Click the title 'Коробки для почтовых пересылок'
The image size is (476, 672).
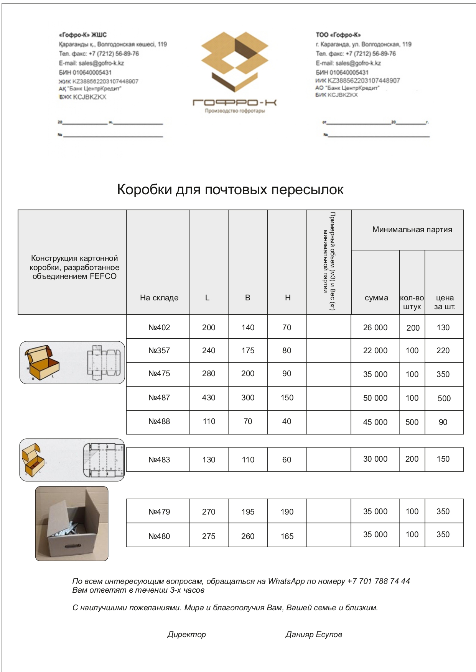pyautogui.click(x=230, y=190)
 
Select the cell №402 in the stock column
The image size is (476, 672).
pyautogui.click(x=159, y=328)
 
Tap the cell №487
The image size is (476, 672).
pyautogui.click(x=159, y=398)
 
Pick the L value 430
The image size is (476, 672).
pyautogui.click(x=209, y=398)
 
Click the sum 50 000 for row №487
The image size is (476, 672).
pyautogui.click(x=375, y=398)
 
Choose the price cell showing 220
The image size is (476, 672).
pyautogui.click(x=443, y=351)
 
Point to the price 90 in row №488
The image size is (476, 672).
pyautogui.click(x=443, y=422)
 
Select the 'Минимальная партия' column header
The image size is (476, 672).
pyautogui.click(x=412, y=229)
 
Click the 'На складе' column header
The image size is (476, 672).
pyautogui.click(x=159, y=298)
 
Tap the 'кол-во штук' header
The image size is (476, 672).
pyautogui.click(x=412, y=302)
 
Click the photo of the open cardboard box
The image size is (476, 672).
pyautogui.click(x=72, y=523)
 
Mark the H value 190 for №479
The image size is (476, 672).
pyautogui.click(x=287, y=512)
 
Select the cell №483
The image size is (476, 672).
pyautogui.click(x=159, y=460)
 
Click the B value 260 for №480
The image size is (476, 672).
pyautogui.click(x=248, y=536)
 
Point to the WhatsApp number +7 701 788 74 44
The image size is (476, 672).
pyautogui.click(x=378, y=581)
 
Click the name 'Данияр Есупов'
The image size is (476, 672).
pyautogui.click(x=313, y=634)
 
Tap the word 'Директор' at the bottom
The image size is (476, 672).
pyautogui.click(x=186, y=634)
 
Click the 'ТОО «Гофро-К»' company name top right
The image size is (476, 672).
pyautogui.click(x=338, y=35)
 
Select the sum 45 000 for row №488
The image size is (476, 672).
pyautogui.click(x=375, y=422)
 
